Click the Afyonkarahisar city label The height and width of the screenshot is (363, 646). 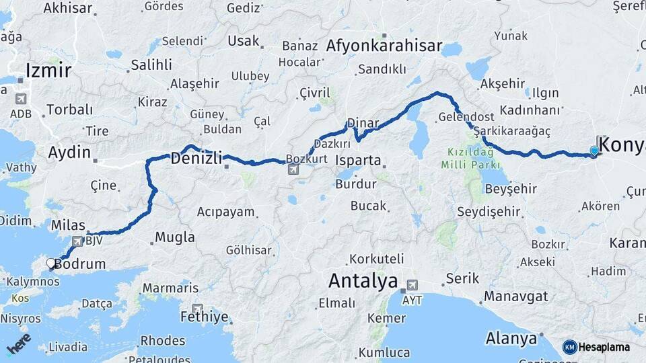coord(384,46)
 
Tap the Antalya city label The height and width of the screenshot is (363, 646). coord(363,281)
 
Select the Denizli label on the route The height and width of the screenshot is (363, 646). coord(196,159)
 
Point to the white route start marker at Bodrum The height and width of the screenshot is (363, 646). coord(50,263)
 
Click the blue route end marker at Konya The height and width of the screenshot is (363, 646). coord(594,151)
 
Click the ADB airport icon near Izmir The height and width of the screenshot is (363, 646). coord(21,99)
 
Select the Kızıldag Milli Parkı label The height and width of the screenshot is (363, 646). coord(471,159)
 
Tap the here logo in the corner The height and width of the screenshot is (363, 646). coord(18,343)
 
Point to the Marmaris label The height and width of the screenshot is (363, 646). coord(170,288)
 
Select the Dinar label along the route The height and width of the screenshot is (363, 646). coord(363,124)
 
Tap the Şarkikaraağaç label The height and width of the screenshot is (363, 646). coord(511,131)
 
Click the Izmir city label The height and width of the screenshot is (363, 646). coord(48,70)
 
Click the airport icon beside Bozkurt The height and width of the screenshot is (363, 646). coord(293,169)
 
